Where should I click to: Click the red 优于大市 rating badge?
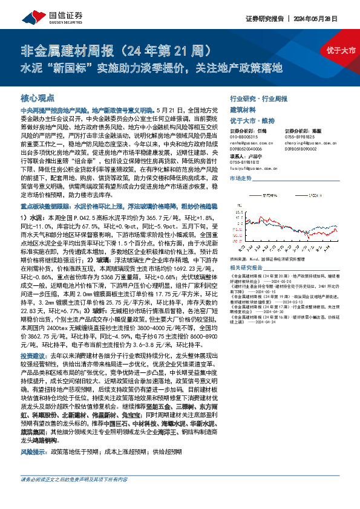pyautogui.click(x=339, y=50)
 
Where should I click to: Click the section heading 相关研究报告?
pyautogui.click(x=247, y=267)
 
